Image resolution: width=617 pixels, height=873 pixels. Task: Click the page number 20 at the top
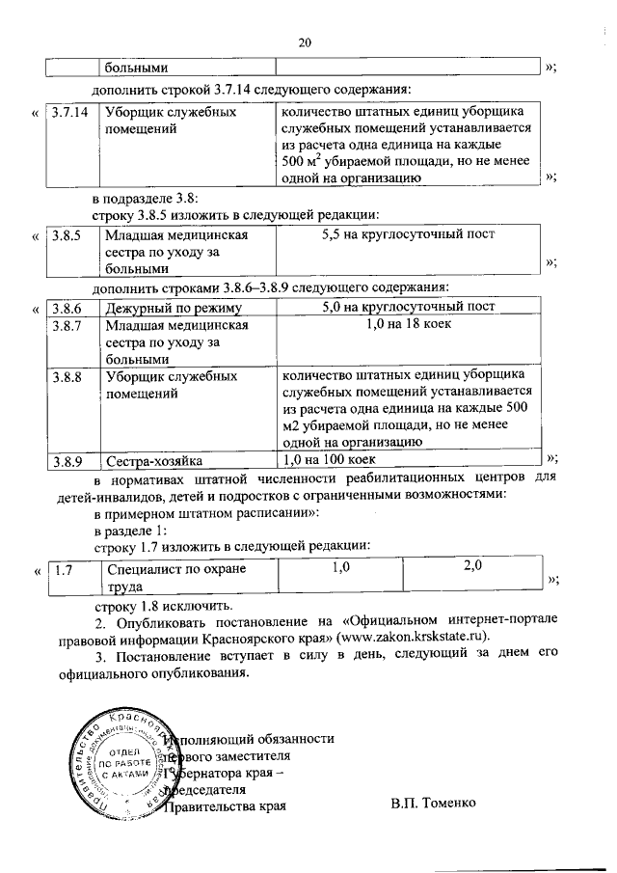[x=306, y=42]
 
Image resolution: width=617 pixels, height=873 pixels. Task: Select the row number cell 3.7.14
[x=67, y=113]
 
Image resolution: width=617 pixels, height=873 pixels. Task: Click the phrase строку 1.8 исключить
[x=163, y=607]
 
